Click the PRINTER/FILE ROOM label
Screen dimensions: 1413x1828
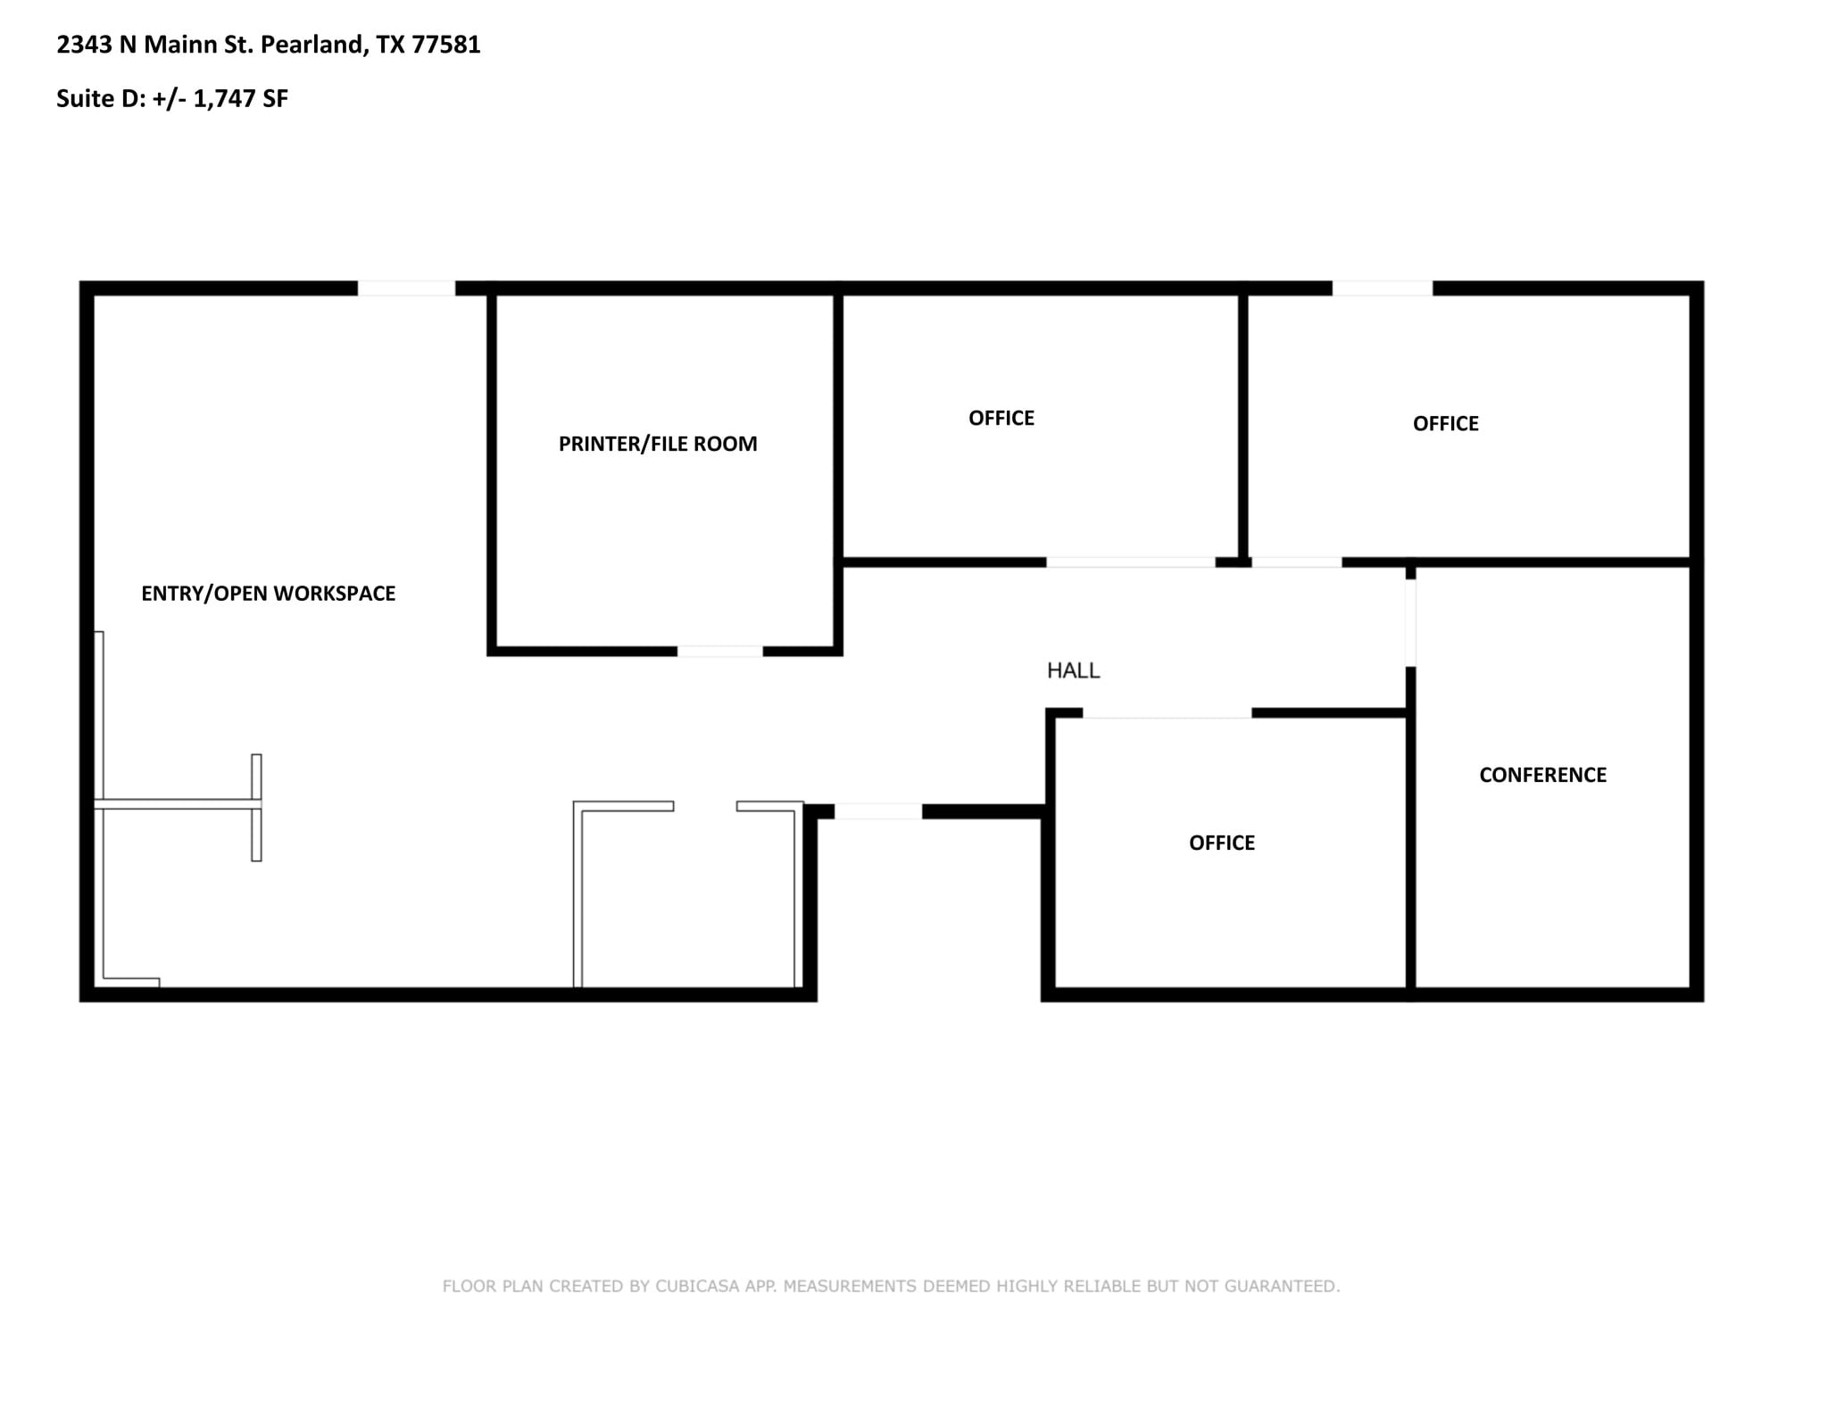tap(658, 444)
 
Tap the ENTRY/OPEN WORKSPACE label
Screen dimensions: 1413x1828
tap(268, 594)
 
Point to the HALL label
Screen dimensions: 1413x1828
tap(1073, 670)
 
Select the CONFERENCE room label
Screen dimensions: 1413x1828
tap(1542, 775)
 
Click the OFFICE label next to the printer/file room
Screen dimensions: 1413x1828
tap(1001, 418)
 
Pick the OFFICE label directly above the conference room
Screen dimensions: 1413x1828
tap(1445, 424)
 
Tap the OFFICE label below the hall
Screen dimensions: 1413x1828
tap(1221, 843)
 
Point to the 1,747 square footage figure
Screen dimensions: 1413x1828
tap(224, 98)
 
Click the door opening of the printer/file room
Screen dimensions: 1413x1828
tap(719, 652)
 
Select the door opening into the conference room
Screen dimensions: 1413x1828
tap(1410, 622)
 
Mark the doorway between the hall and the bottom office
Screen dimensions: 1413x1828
tap(1167, 713)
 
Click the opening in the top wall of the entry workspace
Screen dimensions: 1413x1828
tap(406, 288)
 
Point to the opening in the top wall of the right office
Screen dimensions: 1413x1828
tap(1382, 288)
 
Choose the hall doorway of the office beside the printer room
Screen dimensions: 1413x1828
tap(1130, 562)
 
